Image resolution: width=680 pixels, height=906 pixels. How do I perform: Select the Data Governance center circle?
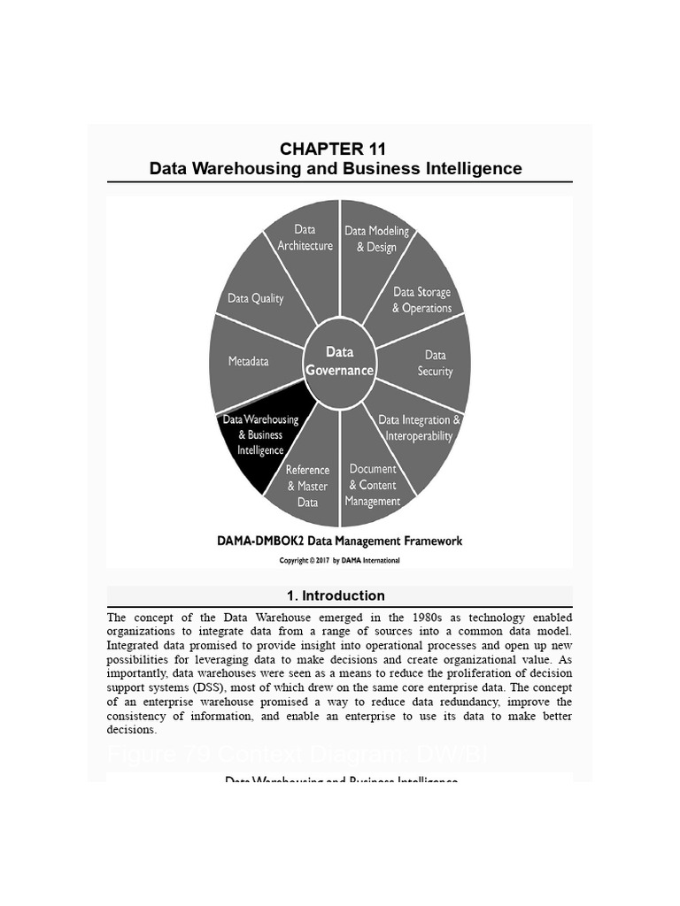coord(339,362)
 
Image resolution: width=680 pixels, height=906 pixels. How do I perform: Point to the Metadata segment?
coord(248,361)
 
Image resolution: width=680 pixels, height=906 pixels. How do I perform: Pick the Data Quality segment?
coord(256,299)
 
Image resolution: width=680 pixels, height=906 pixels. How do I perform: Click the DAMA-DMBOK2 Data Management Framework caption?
coord(340,541)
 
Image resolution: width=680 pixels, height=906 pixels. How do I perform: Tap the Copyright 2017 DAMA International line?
coord(340,560)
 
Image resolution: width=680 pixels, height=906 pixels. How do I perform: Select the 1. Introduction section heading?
coord(340,595)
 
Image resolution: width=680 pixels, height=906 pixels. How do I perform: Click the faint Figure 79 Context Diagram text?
coord(297,755)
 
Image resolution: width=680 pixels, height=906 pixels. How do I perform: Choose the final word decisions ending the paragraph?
coord(131,730)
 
